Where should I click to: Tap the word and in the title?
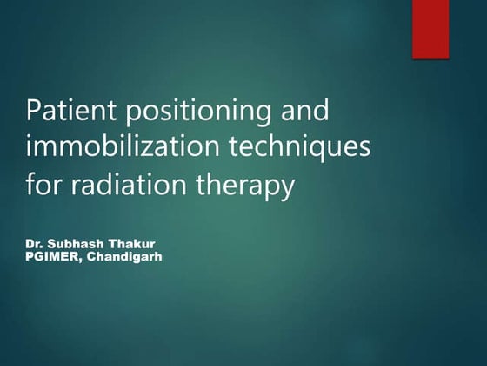click(291, 112)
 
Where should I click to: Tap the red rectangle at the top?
click(430, 29)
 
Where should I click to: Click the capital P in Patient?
click(37, 112)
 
